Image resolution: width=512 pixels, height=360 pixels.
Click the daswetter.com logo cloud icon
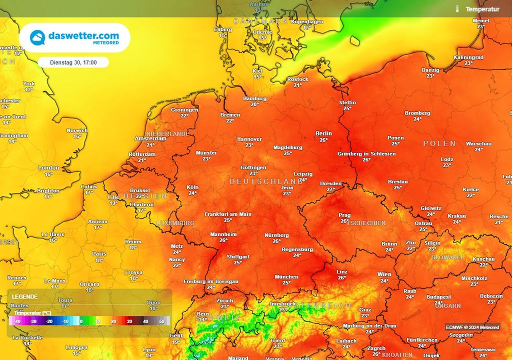[38, 38]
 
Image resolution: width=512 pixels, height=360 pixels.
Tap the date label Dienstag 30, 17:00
[73, 62]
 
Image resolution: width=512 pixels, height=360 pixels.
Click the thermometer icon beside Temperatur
[457, 9]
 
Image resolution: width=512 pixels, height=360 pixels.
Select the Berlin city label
[323, 133]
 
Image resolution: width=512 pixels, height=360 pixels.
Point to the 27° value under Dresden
[330, 190]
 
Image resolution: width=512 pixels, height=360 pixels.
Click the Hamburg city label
[254, 98]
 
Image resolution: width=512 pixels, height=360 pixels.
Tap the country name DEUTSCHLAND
[266, 181]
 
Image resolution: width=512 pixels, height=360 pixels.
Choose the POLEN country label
[439, 143]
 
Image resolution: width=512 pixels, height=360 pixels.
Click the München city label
[286, 277]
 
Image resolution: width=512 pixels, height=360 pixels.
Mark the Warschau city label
[478, 143]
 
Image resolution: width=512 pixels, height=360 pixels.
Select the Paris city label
[99, 254]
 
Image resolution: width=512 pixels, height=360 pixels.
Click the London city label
[48, 168]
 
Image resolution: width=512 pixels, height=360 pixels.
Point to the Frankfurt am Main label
[227, 214]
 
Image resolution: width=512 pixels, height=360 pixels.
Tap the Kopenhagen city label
[307, 22]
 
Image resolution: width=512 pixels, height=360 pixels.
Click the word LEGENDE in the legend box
[24, 296]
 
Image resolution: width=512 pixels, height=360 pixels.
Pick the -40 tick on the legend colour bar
[17, 321]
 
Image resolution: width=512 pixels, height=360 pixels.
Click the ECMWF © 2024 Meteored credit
[472, 327]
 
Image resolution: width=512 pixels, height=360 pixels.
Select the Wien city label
[384, 274]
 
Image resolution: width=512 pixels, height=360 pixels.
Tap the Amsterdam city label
[150, 138]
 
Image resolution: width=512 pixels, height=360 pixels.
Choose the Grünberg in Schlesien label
[366, 154]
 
